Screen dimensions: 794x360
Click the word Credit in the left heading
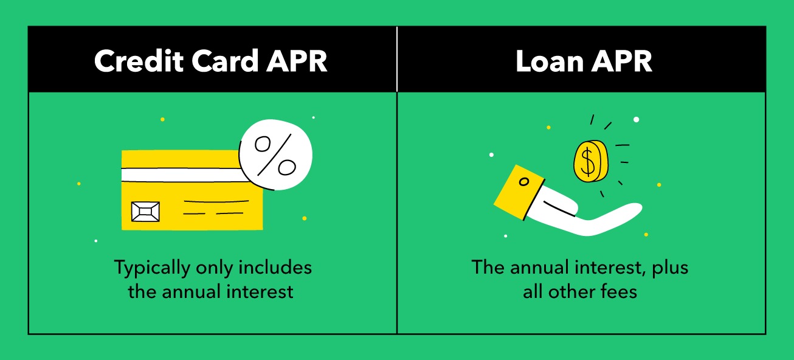pos(139,61)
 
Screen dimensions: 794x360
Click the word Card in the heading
pos(225,61)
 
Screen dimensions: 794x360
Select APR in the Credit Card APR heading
pos(297,61)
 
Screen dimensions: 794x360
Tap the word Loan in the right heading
pos(550,61)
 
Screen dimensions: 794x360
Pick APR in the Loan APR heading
pos(622,61)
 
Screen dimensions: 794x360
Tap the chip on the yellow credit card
pos(145,212)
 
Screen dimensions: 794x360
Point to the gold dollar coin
pos(591,161)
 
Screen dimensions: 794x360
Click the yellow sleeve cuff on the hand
pos(519,192)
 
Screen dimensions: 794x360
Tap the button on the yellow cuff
pos(524,182)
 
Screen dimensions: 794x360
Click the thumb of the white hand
pos(559,206)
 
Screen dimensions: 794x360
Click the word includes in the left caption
pos(275,267)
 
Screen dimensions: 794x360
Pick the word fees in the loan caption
pos(619,291)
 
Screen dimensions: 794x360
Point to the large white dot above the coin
pos(637,120)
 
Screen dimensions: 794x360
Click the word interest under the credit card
pos(260,291)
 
